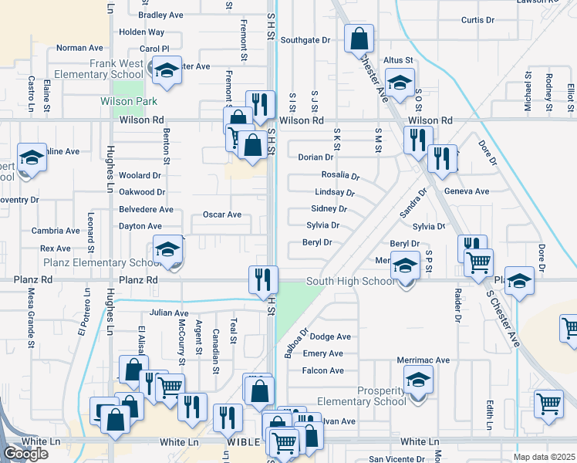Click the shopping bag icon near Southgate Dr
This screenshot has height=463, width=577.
click(359, 38)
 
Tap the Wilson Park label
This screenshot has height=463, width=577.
click(129, 101)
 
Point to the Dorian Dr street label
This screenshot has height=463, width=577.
click(315, 157)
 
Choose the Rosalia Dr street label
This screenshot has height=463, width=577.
click(340, 175)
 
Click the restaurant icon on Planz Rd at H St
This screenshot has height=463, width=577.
click(263, 279)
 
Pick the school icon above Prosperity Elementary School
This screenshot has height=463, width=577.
click(418, 380)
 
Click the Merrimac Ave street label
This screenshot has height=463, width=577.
click(423, 360)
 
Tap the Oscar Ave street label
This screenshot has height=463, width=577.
click(221, 215)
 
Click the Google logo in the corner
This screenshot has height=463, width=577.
click(25, 454)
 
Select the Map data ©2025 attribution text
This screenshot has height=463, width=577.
click(544, 457)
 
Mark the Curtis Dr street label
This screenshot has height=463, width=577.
click(477, 20)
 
